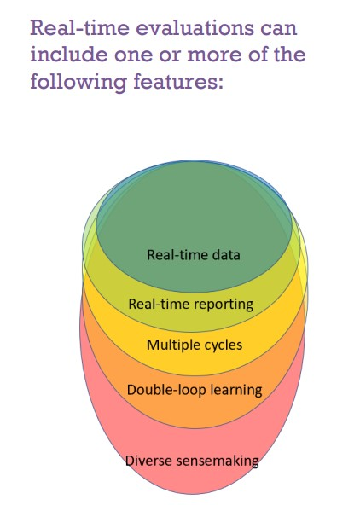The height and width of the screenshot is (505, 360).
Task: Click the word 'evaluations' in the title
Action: click(x=195, y=27)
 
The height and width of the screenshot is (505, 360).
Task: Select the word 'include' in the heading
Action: click(x=69, y=54)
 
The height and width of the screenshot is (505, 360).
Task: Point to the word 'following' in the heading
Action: click(x=78, y=83)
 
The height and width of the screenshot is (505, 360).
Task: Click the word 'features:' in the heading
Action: click(x=178, y=81)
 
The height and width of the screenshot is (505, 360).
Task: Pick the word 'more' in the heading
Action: click(x=214, y=55)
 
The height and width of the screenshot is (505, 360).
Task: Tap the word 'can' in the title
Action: click(x=279, y=29)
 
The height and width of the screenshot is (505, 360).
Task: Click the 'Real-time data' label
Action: click(x=193, y=255)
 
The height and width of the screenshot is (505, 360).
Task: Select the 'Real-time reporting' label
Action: click(x=191, y=304)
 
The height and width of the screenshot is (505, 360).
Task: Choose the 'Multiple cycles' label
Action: click(x=195, y=345)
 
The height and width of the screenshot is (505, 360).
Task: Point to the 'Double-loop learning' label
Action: click(x=195, y=390)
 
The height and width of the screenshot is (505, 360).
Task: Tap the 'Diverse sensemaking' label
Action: click(x=192, y=461)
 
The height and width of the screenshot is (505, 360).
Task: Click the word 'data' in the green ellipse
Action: click(x=226, y=255)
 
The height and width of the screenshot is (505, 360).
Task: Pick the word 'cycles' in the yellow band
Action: click(x=224, y=345)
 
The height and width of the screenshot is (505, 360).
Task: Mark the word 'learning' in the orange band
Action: click(x=236, y=391)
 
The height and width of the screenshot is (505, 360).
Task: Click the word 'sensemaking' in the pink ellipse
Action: click(x=218, y=461)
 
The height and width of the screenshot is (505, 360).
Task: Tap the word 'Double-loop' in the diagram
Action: click(x=166, y=391)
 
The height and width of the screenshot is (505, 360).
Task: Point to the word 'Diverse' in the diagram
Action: click(x=148, y=461)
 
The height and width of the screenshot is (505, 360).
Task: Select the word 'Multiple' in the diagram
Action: click(x=173, y=345)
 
